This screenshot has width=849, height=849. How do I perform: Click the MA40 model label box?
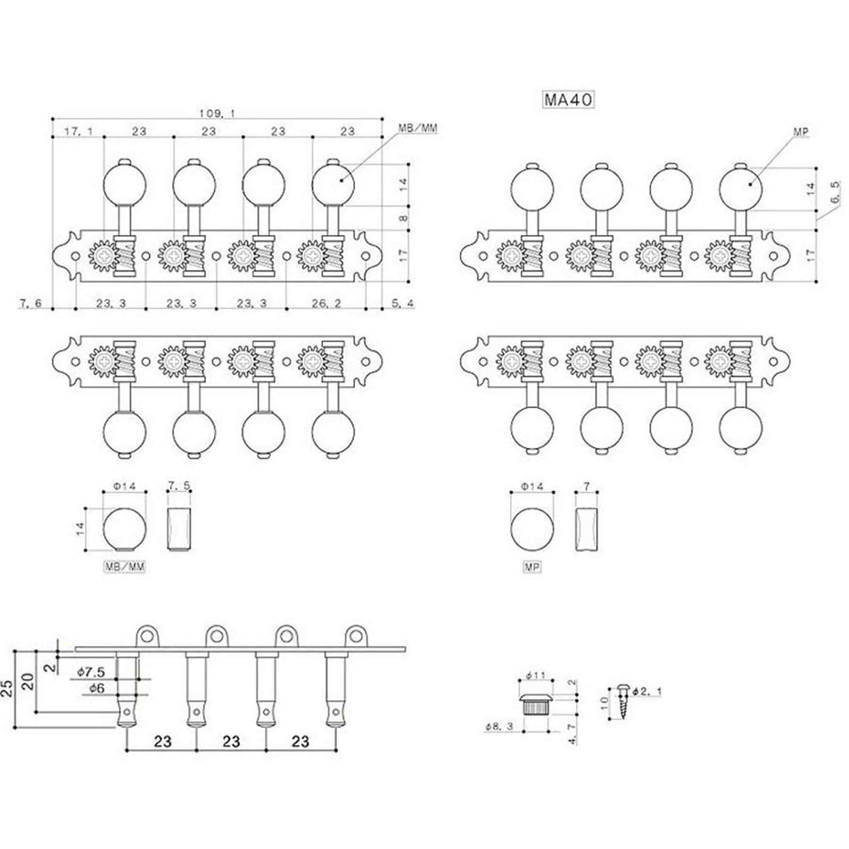[x=567, y=100]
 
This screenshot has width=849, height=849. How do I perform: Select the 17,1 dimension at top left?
[x=77, y=131]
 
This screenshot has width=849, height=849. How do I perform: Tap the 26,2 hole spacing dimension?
[x=327, y=303]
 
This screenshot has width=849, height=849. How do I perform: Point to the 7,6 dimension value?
[x=31, y=303]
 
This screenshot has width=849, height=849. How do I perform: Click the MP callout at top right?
[x=799, y=131]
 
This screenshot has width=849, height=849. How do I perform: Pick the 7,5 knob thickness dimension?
[x=180, y=484]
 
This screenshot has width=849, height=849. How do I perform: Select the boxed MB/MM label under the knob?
[x=125, y=569]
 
